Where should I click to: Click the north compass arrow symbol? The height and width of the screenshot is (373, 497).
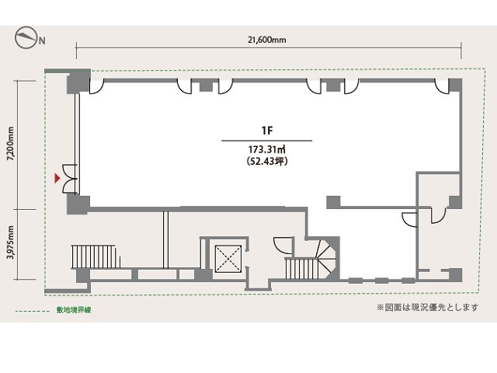(26, 37)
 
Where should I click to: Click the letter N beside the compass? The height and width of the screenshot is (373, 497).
(42, 40)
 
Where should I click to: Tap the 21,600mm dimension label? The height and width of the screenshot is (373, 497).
(267, 40)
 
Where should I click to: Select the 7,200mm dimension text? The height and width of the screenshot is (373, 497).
(11, 144)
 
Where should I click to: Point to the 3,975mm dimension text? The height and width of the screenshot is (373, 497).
(11, 242)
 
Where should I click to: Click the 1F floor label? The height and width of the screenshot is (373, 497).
(267, 131)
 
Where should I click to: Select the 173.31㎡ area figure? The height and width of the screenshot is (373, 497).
(267, 149)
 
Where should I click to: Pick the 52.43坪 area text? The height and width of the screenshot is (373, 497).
(267, 162)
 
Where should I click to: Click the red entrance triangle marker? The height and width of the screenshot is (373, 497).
(57, 178)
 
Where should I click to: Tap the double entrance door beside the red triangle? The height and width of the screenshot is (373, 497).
(70, 179)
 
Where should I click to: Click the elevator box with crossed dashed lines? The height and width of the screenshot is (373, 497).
(228, 259)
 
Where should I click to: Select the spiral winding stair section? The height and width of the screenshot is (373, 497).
(326, 259)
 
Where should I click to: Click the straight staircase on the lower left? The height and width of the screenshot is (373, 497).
(96, 256)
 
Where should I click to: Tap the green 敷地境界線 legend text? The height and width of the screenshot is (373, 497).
(74, 310)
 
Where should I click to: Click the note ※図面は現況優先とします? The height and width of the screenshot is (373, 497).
(428, 308)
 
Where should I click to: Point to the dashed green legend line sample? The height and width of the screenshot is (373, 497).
(33, 311)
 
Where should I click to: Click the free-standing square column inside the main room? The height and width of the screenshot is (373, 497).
(333, 202)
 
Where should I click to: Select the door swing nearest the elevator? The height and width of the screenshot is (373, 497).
(283, 246)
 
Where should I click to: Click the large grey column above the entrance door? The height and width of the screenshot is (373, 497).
(78, 82)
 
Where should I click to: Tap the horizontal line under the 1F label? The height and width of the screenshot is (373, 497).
(267, 141)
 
